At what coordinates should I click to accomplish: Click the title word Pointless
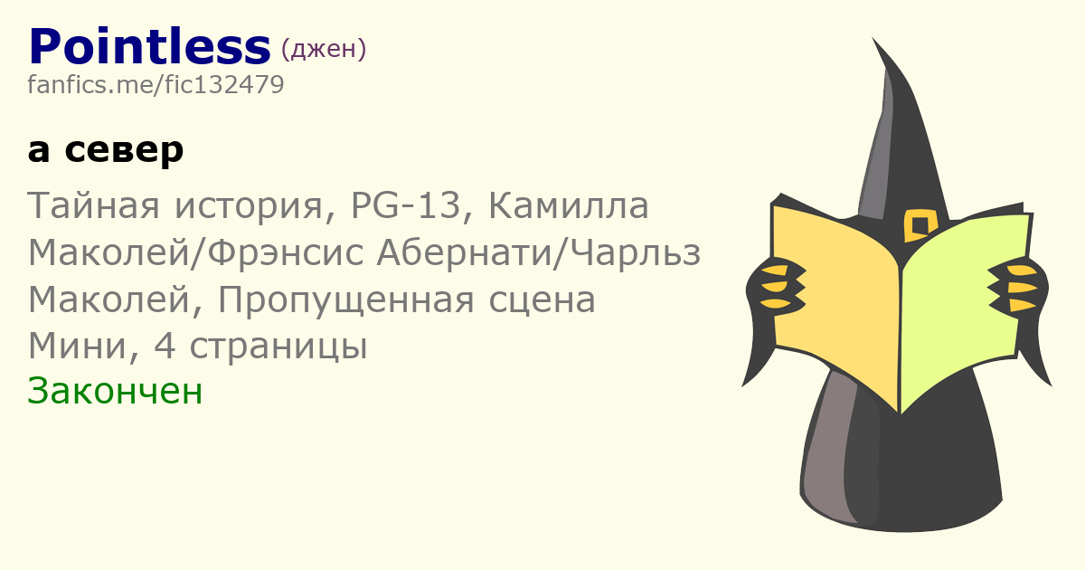[149, 47]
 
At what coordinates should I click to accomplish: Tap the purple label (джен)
[324, 49]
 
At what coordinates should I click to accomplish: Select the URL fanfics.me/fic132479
[156, 85]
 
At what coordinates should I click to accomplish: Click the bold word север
[124, 150]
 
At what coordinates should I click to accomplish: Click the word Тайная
[93, 206]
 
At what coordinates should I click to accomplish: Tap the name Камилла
[568, 206]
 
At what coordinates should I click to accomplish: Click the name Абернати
[464, 252]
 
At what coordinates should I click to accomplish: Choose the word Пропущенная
[345, 300]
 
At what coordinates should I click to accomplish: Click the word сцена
[542, 300]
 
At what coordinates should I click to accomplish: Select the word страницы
[278, 347]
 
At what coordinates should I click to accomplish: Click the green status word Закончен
[115, 392]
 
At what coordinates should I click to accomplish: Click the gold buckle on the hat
[920, 225]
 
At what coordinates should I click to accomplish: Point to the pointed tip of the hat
[873, 39]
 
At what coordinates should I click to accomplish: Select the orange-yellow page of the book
[835, 296]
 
